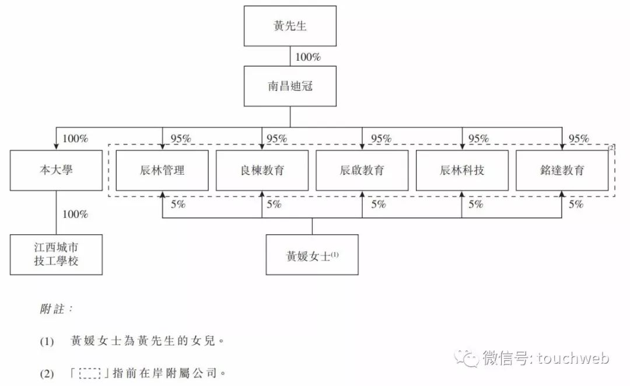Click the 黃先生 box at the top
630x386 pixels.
(289, 26)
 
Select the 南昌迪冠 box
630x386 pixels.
(289, 86)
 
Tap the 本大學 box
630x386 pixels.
(56, 171)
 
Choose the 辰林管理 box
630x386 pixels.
(162, 171)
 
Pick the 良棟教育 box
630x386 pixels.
(262, 171)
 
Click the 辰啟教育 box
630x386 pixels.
(362, 171)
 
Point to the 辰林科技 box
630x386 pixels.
(462, 171)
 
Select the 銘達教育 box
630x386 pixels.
(562, 171)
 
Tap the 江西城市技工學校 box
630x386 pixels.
(56, 255)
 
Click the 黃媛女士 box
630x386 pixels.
(312, 255)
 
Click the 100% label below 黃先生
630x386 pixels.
(308, 57)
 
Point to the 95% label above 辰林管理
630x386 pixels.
(180, 139)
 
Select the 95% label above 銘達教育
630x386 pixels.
(579, 139)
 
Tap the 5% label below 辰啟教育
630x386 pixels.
(378, 204)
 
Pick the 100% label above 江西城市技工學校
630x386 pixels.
(75, 214)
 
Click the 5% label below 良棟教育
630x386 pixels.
(274, 204)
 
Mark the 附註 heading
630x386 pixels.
(56, 310)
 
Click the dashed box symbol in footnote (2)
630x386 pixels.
(91, 372)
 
